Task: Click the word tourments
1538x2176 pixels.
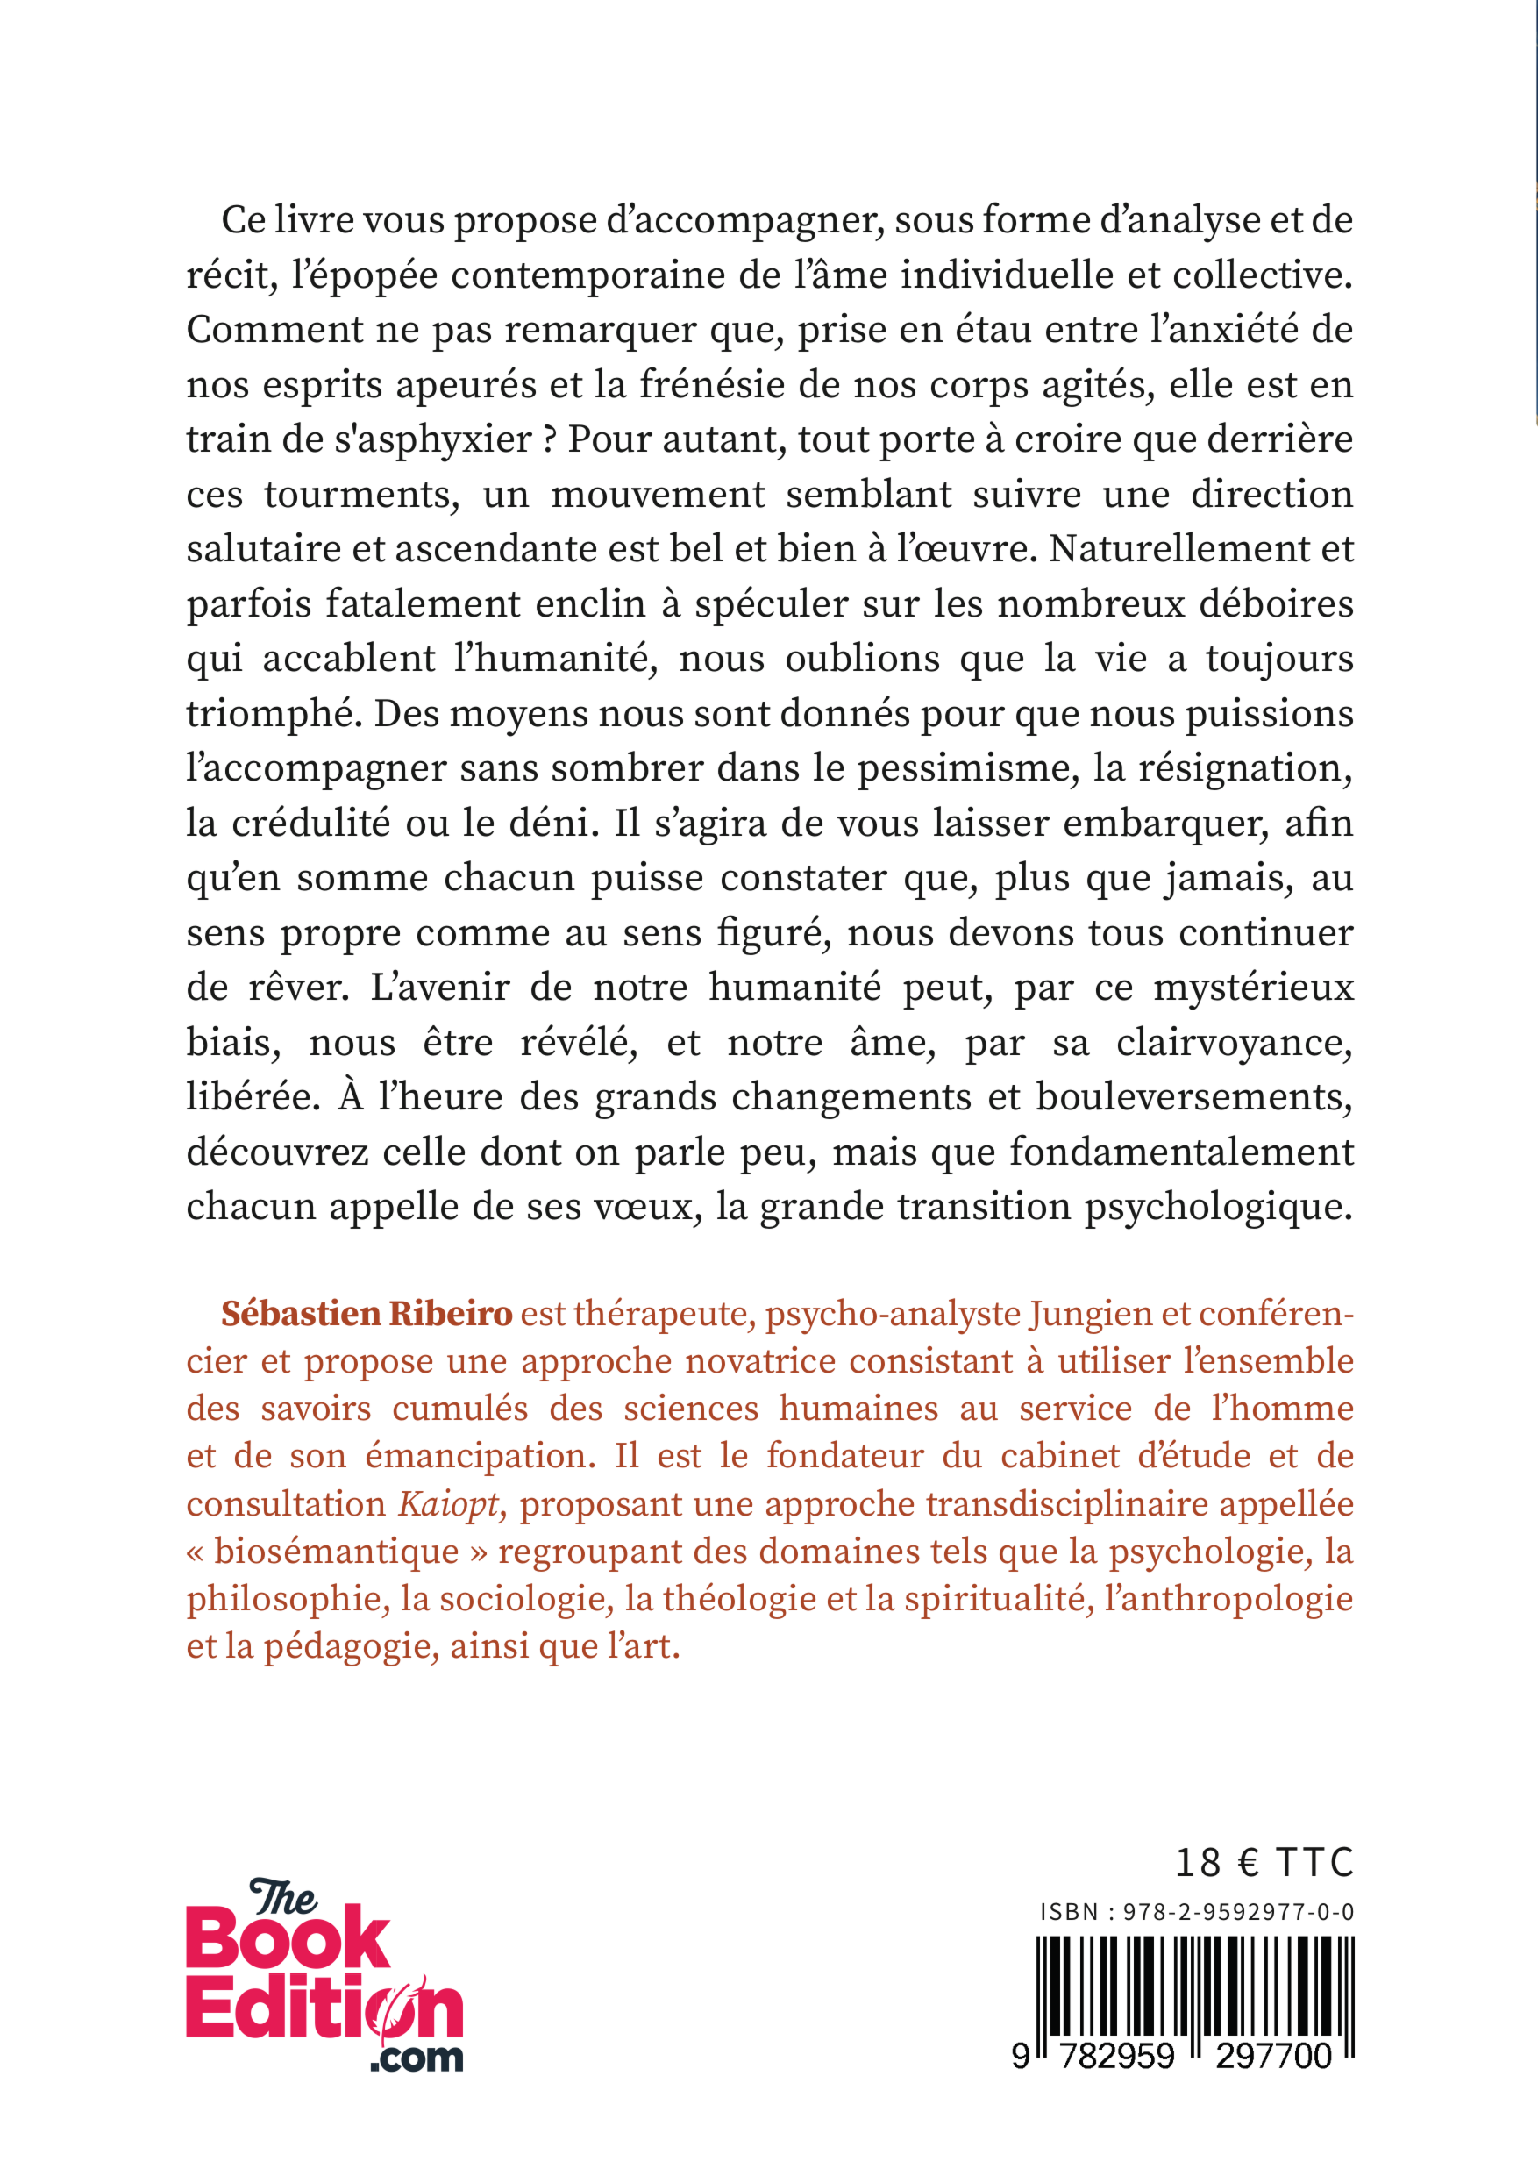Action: (x=362, y=495)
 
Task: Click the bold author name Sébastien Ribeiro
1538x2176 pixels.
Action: (x=367, y=1314)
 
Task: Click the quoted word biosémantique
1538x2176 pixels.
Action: (x=337, y=1552)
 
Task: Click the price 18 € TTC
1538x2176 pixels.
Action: (x=1264, y=1862)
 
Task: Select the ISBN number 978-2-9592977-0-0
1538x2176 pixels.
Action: (x=1237, y=1912)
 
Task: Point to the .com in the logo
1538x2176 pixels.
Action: (x=417, y=2058)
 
